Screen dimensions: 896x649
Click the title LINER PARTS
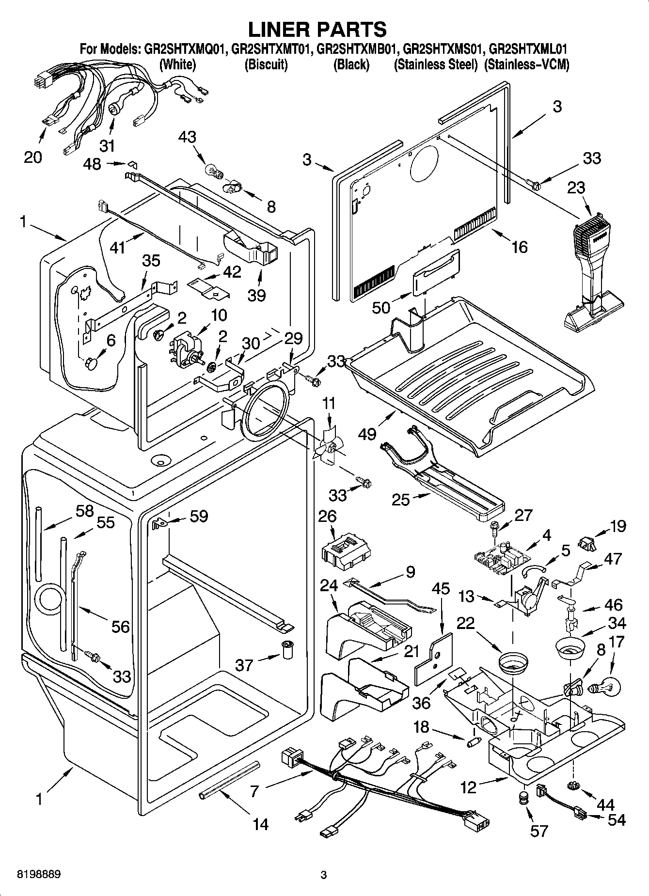(317, 30)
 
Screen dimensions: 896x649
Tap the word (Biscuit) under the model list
(266, 64)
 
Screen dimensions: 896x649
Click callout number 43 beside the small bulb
(187, 137)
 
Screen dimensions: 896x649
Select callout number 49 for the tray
(368, 433)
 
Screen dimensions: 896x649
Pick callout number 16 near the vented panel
(519, 247)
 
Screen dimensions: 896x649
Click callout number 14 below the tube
(261, 824)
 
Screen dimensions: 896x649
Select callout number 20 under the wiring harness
(33, 157)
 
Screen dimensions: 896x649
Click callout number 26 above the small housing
(328, 516)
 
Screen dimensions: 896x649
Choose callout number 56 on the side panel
(121, 627)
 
